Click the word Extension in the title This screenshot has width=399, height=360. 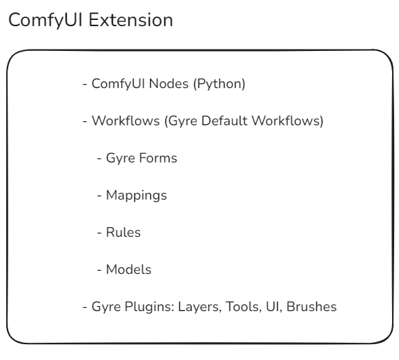(x=131, y=20)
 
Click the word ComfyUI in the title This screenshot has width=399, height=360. (x=45, y=21)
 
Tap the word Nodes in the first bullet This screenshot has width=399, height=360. (x=169, y=84)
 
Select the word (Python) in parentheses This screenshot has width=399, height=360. (x=219, y=84)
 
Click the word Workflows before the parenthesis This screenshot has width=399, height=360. (x=125, y=120)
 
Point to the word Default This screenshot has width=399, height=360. (x=225, y=120)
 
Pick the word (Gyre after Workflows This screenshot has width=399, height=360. (x=181, y=121)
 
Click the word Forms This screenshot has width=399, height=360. (x=158, y=158)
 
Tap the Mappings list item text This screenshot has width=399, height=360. (x=136, y=195)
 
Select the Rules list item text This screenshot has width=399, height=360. (x=123, y=233)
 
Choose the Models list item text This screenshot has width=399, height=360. (x=128, y=270)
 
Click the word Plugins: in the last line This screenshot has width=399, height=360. (x=150, y=306)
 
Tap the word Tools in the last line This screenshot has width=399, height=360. (x=243, y=306)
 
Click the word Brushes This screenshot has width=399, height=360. (x=311, y=306)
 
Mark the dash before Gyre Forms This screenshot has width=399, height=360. (x=99, y=158)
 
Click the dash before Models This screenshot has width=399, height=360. (x=99, y=271)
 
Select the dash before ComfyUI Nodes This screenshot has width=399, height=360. (x=85, y=85)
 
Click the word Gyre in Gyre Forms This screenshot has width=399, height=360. (x=121, y=158)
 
